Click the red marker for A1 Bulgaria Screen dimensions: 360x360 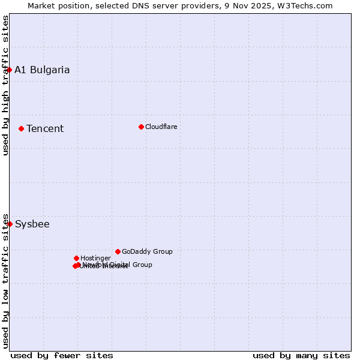click(9, 70)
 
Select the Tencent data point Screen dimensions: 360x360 click(21, 128)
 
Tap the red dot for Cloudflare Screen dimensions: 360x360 click(141, 127)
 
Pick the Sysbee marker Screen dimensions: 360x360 click(10, 224)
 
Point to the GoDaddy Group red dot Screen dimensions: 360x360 click(118, 251)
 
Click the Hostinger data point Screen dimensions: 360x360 click(76, 258)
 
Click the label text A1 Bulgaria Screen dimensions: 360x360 click(42, 70)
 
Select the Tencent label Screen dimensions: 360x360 click(45, 128)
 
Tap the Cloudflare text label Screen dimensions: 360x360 click(161, 127)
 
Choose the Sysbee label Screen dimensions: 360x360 click(32, 224)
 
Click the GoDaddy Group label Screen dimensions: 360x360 click(147, 251)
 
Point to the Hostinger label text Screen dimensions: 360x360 click(95, 258)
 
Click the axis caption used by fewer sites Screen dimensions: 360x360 click(62, 355)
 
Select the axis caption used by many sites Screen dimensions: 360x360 click(301, 355)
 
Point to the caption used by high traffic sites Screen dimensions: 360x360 click(5, 86)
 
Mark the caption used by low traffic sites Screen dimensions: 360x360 click(5, 280)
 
